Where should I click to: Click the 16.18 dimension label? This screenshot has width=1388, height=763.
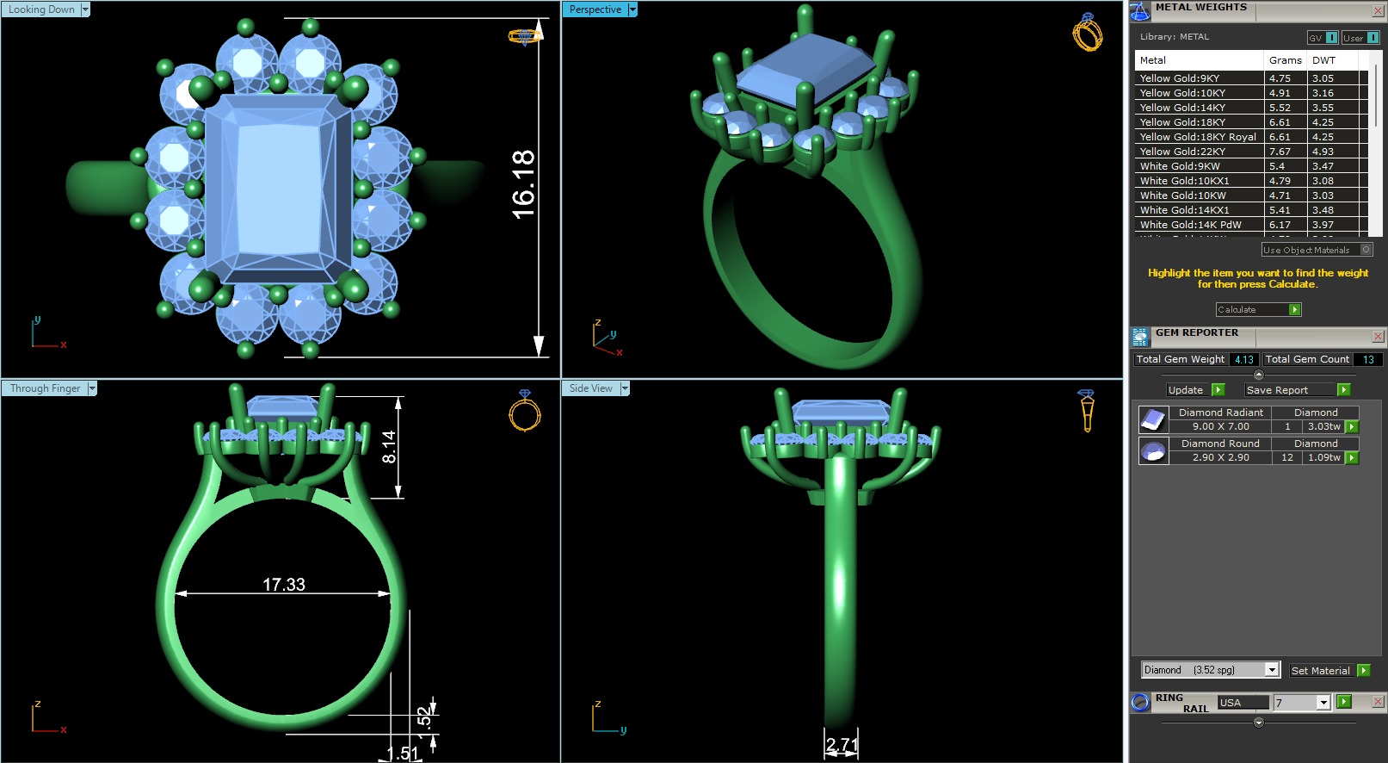coord(522,184)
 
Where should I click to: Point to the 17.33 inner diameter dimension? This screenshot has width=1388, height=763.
coord(284,585)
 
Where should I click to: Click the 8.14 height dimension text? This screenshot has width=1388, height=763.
coord(389,447)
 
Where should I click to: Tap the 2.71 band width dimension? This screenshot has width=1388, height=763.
coord(842,744)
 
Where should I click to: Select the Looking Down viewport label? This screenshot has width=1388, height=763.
coord(41,9)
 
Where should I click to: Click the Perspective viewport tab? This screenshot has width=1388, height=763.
coord(595,9)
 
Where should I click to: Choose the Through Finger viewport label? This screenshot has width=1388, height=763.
coord(45,388)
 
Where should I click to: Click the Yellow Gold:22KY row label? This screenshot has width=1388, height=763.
coord(1182,152)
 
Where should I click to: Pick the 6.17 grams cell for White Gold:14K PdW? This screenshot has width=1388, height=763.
coord(1280,225)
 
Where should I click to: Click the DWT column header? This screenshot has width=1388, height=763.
coord(1323,60)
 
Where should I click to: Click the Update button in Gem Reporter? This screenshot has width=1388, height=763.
coord(1186,390)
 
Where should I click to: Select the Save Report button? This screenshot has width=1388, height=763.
coord(1277,390)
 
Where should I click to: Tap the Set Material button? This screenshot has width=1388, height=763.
coord(1320,671)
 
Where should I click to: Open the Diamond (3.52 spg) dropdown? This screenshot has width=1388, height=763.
coord(1272,670)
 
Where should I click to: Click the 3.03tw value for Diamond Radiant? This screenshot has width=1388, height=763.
coord(1323,426)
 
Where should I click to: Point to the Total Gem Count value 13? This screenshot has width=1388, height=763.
coord(1367,360)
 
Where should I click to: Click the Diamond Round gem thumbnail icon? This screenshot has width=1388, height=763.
coord(1153,450)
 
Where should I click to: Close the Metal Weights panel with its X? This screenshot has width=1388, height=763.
coord(1378,10)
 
